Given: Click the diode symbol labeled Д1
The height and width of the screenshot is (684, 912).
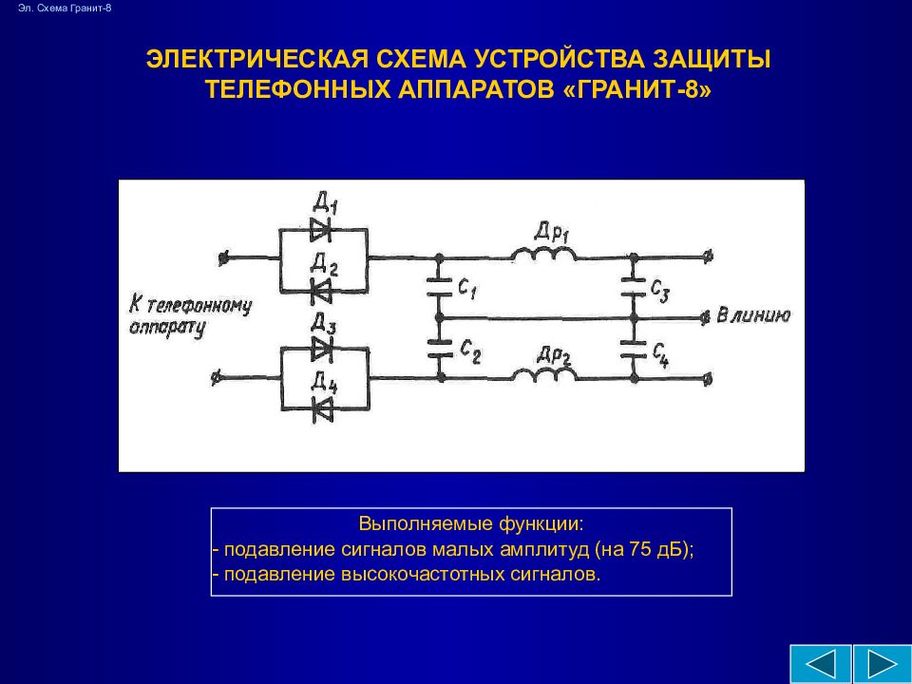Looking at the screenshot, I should coord(321,227).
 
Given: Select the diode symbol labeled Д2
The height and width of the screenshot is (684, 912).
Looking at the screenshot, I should coord(321,289).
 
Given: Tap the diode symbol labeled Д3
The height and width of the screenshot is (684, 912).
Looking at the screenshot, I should coord(323,349).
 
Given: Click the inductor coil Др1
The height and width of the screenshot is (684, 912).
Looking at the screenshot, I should coord(542,255).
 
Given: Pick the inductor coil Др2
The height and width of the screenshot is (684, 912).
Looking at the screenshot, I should coord(543,375).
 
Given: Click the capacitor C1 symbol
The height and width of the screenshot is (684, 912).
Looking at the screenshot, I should coord(439,284).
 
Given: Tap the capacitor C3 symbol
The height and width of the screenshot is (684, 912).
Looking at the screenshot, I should coord(631,284).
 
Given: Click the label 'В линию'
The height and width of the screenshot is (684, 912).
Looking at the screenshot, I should coord(752,315).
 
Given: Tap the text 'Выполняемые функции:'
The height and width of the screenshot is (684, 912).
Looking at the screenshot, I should coord(470,524).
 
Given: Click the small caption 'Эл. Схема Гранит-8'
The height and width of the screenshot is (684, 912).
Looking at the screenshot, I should coord(65,9).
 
